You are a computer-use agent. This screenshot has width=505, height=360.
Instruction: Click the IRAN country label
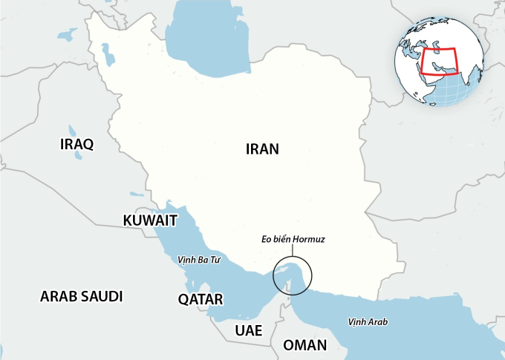(262, 148)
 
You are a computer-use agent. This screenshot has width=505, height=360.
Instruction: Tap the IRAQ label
(76, 144)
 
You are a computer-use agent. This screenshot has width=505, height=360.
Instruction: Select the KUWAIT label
(150, 220)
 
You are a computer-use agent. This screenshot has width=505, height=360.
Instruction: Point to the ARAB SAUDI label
(81, 296)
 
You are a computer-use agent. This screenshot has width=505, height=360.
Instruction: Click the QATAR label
(201, 299)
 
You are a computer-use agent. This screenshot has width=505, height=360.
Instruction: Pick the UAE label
(249, 330)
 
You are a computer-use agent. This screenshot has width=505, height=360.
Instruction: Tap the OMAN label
(304, 345)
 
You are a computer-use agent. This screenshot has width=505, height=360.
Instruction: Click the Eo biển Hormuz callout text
(293, 240)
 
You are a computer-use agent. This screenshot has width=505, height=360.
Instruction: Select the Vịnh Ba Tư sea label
(201, 261)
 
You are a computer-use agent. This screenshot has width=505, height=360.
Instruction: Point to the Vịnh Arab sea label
(368, 321)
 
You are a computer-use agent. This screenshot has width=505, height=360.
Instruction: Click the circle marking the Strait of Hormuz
(293, 275)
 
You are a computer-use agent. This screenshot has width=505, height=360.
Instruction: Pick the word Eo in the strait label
(267, 240)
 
